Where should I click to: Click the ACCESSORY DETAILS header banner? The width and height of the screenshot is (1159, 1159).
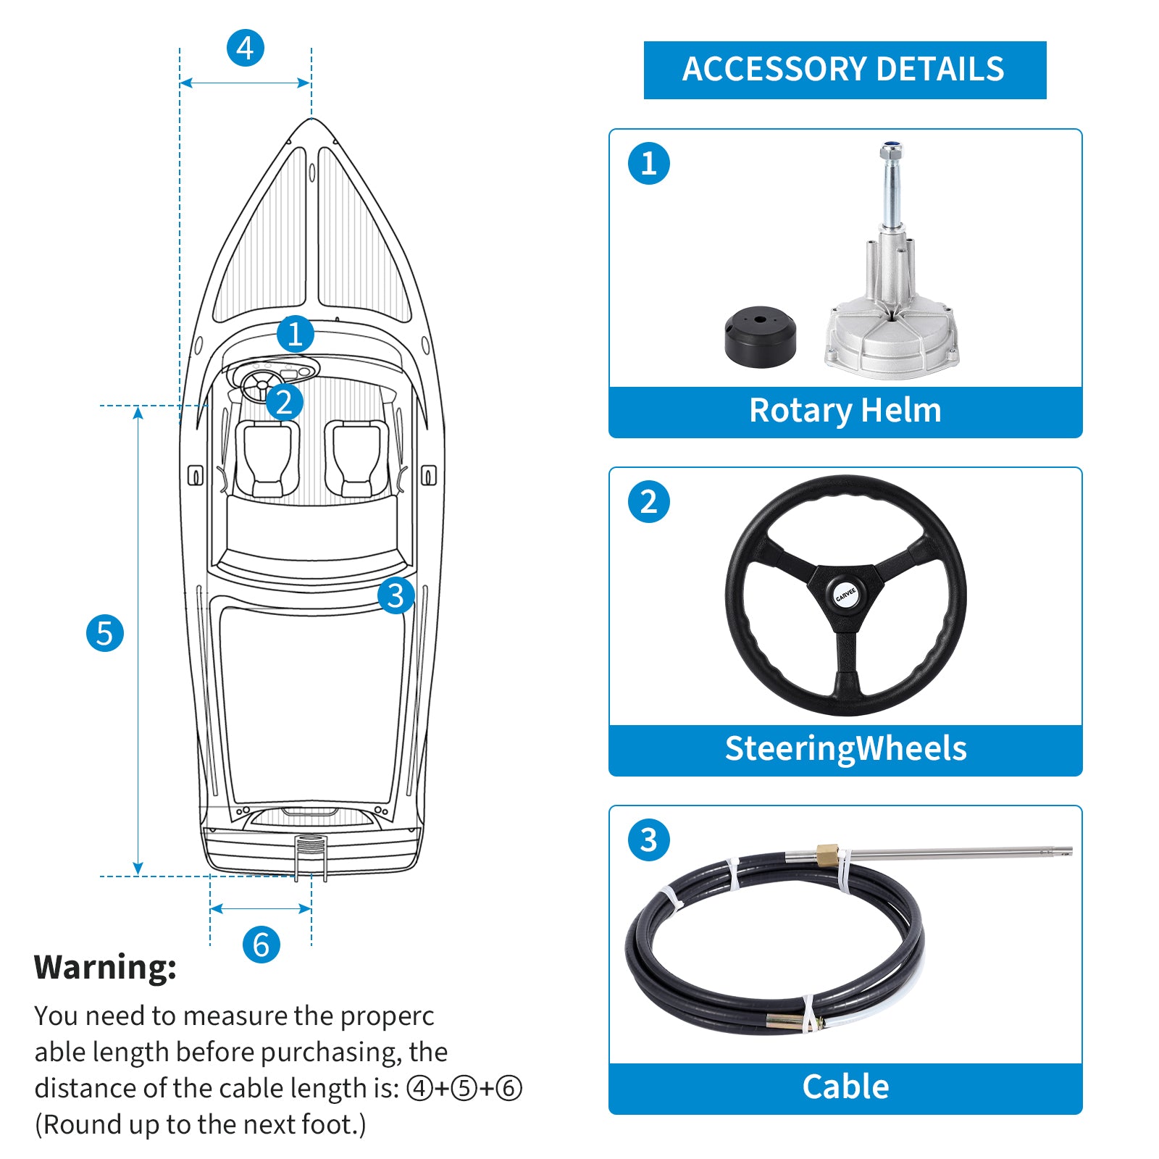pos(845,70)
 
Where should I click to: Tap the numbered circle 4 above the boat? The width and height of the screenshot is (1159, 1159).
pos(246,49)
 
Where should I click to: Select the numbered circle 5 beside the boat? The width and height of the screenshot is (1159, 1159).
pos(105,633)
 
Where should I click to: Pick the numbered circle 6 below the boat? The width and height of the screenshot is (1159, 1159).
pos(261,945)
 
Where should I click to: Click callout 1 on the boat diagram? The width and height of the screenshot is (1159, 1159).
pos(296,334)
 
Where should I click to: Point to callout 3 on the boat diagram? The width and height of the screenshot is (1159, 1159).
pos(396,595)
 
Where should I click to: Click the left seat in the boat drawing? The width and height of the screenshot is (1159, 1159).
pos(267,459)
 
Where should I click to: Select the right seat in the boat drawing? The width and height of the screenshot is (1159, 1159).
pos(356,459)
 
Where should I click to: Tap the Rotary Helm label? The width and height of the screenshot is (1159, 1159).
pos(845,411)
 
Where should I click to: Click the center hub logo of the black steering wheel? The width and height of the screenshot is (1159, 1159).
pos(845,595)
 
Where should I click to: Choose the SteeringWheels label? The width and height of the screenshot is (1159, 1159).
pos(845,749)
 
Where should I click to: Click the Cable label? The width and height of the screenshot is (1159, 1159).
pos(845,1087)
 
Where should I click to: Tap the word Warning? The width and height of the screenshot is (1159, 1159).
pos(106,968)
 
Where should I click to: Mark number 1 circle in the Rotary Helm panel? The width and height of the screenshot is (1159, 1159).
pos(648,164)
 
